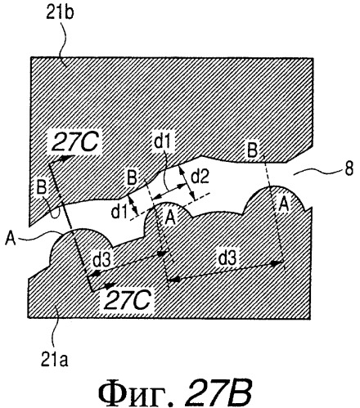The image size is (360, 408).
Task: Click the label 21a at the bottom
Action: [55, 360]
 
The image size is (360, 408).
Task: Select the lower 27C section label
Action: [128, 300]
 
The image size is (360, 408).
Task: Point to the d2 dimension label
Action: [200, 177]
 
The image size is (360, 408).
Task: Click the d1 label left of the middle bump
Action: [119, 212]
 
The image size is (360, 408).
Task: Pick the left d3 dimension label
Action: [101, 261]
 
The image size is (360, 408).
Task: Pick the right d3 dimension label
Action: [227, 258]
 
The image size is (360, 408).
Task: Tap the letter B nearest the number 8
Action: [252, 150]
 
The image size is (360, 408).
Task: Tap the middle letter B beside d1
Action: [132, 178]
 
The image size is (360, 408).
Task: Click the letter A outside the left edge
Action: [11, 239]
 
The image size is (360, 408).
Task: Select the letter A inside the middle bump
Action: [169, 217]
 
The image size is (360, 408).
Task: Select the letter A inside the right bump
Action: [284, 204]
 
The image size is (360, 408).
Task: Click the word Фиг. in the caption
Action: [137, 392]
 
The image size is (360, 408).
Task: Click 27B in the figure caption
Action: [218, 392]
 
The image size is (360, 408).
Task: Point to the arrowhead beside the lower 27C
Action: [110, 285]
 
